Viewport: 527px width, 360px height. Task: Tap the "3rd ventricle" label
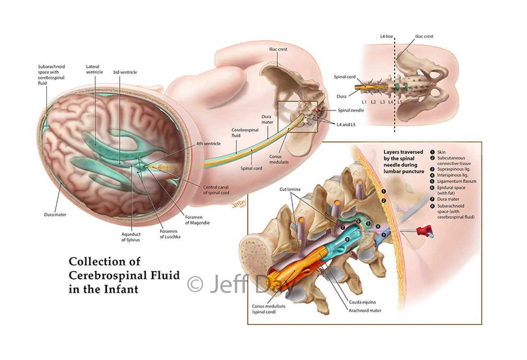point(125,72)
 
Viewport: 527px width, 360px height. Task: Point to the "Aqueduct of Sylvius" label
point(131,237)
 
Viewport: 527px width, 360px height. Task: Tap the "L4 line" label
point(386,36)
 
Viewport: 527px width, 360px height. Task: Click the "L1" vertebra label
point(364,102)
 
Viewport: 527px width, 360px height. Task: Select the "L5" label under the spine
point(400,102)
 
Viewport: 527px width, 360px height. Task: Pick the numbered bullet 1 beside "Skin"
point(433,152)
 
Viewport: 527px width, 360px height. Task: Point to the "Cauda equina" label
point(362,302)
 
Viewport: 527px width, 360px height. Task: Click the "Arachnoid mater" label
point(365,310)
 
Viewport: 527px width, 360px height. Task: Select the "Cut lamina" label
point(290,190)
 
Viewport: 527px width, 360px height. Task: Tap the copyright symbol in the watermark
point(195,284)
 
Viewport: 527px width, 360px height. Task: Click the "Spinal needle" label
point(351,110)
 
